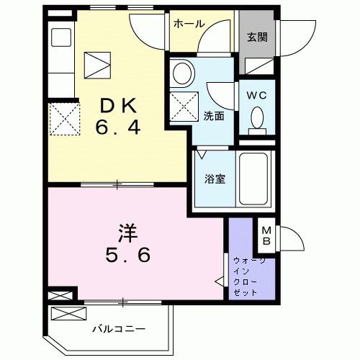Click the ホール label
click(x=187, y=22)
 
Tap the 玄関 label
click(x=257, y=37)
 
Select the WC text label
click(x=256, y=94)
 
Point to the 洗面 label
click(x=213, y=116)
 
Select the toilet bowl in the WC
click(x=256, y=120)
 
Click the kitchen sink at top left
click(x=60, y=37)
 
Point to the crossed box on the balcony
click(x=68, y=313)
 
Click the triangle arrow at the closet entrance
click(x=220, y=279)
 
